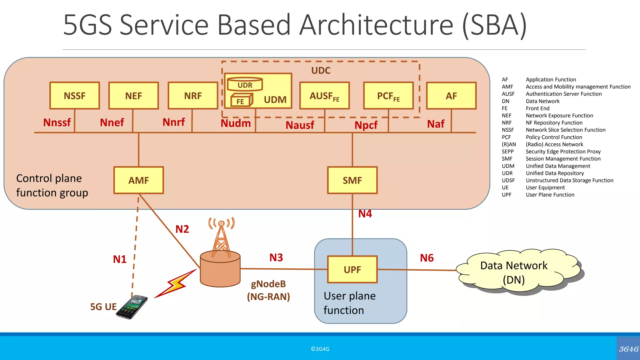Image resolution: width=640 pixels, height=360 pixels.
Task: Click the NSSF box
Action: [74, 96]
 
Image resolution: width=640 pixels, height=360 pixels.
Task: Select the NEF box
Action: [133, 96]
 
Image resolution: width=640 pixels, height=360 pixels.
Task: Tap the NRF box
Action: [193, 96]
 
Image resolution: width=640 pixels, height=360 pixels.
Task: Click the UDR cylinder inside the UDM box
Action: [245, 84]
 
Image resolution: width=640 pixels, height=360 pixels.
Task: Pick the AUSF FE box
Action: [324, 96]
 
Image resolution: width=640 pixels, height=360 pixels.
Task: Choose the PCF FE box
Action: [388, 96]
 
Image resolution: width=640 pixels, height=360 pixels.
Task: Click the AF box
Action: [451, 96]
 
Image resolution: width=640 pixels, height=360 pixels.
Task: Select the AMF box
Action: [138, 180]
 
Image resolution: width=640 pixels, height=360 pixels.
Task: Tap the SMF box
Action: [352, 180]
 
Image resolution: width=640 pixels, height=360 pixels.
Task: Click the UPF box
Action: [352, 269]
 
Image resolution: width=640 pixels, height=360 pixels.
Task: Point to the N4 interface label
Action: [365, 214]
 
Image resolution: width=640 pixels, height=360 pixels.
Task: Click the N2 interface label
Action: [182, 229]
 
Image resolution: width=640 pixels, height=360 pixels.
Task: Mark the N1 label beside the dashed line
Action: [120, 259]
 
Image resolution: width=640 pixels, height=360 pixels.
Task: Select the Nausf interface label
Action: [300, 125]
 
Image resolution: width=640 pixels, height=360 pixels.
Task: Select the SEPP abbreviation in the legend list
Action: [507, 152]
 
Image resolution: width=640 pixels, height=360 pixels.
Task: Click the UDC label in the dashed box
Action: [321, 70]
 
